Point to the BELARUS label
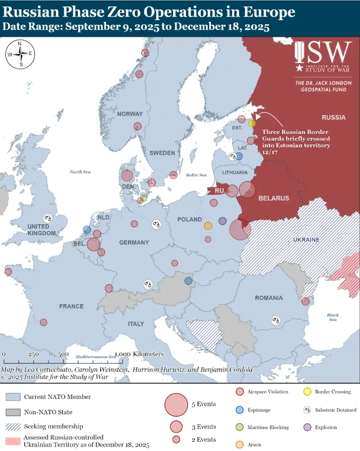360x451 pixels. tap(273, 198)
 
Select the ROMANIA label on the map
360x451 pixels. tap(269, 298)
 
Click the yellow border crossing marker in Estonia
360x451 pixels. tap(252, 124)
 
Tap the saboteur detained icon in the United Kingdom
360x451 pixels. tap(48, 218)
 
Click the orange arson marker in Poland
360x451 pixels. tap(208, 226)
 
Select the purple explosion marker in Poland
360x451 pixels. tap(222, 221)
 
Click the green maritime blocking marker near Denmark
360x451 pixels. tap(144, 198)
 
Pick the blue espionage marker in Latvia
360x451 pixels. tap(239, 156)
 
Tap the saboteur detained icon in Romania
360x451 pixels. tap(276, 321)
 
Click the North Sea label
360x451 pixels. tap(80, 172)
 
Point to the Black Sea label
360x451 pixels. tap(333, 318)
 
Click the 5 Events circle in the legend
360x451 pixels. tap(176, 404)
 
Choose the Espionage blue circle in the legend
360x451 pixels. tap(240, 410)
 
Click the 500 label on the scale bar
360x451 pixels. tap(62, 355)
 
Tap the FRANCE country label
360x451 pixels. tap(71, 306)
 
